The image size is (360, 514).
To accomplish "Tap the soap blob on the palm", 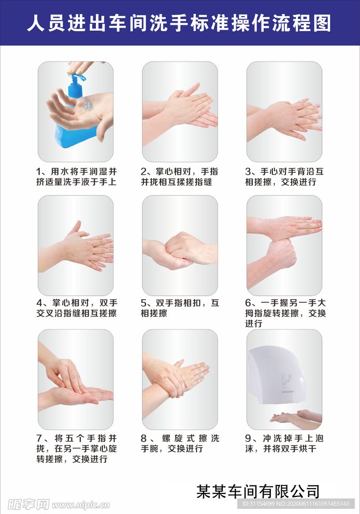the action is pyautogui.click(x=87, y=104).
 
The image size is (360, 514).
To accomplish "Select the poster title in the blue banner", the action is pyautogui.click(x=179, y=23).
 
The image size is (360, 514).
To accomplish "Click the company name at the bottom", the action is pyautogui.click(x=258, y=491).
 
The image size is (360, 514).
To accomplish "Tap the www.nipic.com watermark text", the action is pyautogui.click(x=81, y=505).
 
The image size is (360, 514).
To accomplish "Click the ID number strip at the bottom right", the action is pyautogui.click(x=295, y=504).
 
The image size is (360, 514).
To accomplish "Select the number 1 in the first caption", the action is pyautogui.click(x=39, y=171).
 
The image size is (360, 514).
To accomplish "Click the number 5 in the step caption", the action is pyautogui.click(x=143, y=303).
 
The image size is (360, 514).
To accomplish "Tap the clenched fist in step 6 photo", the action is pyautogui.click(x=281, y=252).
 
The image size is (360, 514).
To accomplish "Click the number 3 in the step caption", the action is pyautogui.click(x=248, y=171).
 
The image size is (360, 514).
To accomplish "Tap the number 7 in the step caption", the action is pyautogui.click(x=39, y=438).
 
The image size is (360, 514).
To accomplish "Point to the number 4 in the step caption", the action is pyautogui.click(x=39, y=303).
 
